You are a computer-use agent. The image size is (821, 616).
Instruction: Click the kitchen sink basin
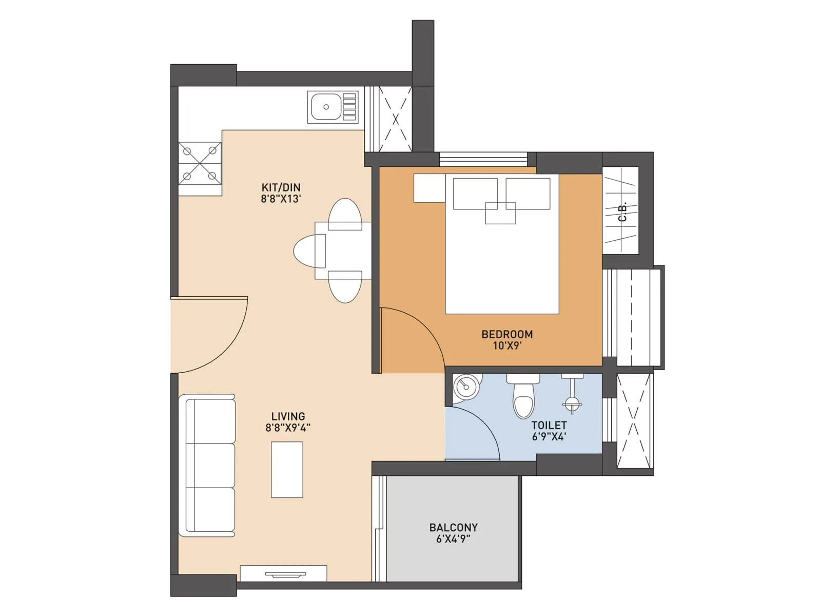click(326, 107)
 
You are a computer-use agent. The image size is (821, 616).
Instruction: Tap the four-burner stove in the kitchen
click(200, 163)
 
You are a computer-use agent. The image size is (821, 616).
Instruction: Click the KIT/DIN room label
click(281, 193)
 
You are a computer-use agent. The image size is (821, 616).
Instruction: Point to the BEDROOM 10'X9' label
click(507, 340)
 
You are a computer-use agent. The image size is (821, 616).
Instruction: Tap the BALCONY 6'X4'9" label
click(453, 533)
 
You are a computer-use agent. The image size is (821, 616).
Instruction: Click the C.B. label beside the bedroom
click(622, 212)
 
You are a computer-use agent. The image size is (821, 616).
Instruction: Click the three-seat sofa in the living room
click(207, 466)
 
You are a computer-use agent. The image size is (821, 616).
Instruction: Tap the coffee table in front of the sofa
click(287, 469)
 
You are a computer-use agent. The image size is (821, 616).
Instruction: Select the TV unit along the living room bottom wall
click(284, 573)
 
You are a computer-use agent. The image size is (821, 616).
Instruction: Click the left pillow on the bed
click(475, 193)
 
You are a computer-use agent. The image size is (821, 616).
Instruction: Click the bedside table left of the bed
click(429, 188)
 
